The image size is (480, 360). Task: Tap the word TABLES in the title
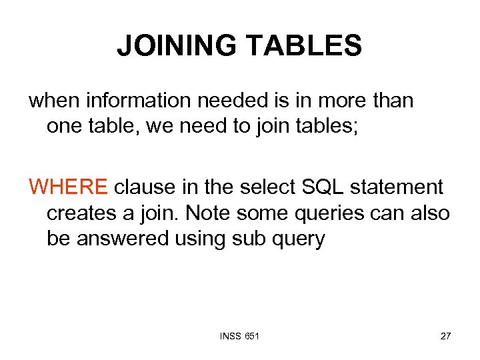tap(304, 46)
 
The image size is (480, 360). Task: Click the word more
tap(339, 101)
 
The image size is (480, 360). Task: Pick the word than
tap(392, 101)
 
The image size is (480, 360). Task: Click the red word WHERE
tap(67, 187)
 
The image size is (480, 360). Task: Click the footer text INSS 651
tap(239, 336)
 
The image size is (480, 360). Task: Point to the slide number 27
tap(445, 336)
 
